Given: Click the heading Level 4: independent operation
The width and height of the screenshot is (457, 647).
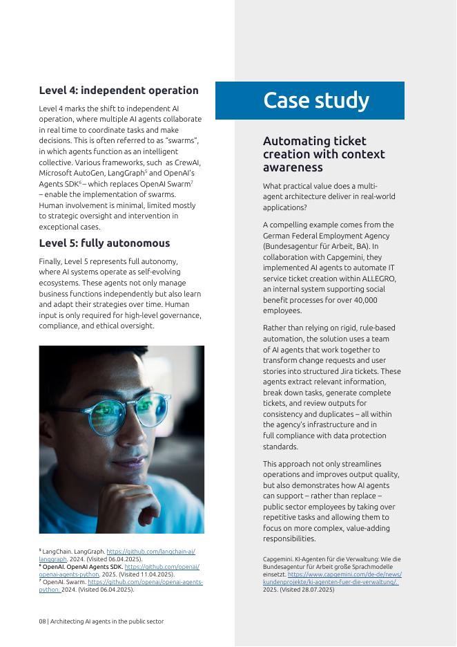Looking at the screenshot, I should coord(118,91).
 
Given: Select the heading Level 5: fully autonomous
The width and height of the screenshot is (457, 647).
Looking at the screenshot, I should coord(104,243).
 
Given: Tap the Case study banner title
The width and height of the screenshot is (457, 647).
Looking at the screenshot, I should coord(316,100).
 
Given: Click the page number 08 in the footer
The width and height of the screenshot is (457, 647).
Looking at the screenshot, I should coord(43,621).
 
